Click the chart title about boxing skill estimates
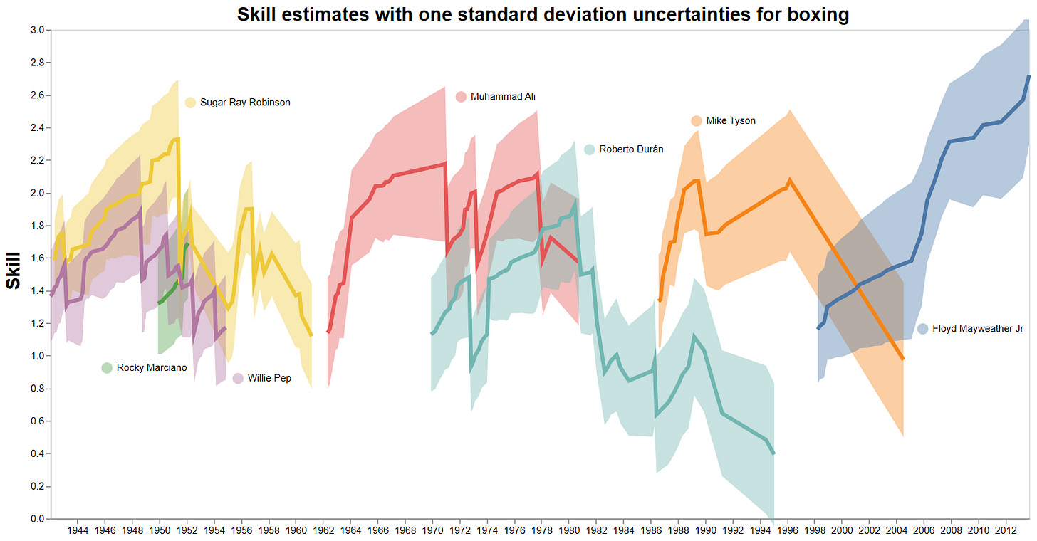[x=543, y=14]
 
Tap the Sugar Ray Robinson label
[x=245, y=103]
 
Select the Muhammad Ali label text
[x=503, y=97]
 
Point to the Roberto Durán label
[x=631, y=149]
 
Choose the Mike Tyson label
[x=731, y=121]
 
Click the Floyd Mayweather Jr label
[x=977, y=329]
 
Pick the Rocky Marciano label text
[x=152, y=368]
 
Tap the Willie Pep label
[x=269, y=379]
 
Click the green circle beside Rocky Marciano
[x=107, y=368]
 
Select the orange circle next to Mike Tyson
[x=697, y=121]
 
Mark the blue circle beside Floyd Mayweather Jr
[x=922, y=329]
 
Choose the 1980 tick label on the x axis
[x=569, y=530]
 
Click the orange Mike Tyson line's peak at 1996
[x=788, y=180]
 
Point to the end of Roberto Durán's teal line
[x=773, y=453]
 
